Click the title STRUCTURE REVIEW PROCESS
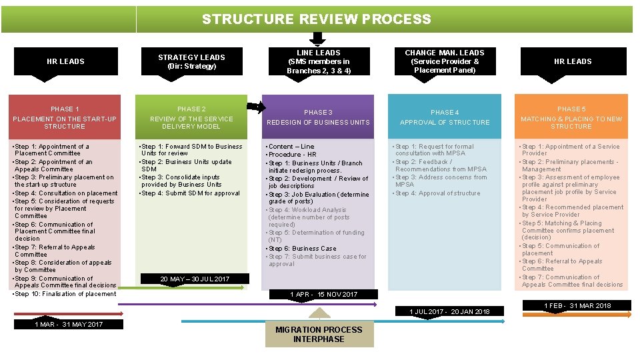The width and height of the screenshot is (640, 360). click(317, 19)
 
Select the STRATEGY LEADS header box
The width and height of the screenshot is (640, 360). click(191, 61)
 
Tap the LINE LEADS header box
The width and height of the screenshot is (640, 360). click(318, 61)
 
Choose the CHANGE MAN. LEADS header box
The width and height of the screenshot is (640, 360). click(445, 61)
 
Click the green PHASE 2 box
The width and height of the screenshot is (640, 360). click(191, 117)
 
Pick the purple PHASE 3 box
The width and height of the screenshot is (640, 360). click(318, 117)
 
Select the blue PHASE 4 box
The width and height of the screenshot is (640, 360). click(445, 117)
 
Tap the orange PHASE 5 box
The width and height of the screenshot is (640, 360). click(571, 117)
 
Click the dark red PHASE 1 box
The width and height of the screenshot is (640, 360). click(65, 117)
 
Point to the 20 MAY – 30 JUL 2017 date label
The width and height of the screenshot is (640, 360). click(195, 279)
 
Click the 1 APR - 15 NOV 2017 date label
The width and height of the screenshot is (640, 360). click(323, 294)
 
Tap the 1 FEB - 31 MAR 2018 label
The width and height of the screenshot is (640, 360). click(577, 305)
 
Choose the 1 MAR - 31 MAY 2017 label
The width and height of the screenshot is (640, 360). click(69, 325)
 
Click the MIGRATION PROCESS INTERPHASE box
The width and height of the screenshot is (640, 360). click(319, 334)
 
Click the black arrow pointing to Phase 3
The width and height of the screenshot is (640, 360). click(255, 107)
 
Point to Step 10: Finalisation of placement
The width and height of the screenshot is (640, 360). click(65, 294)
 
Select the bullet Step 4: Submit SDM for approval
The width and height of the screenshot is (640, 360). click(190, 193)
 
